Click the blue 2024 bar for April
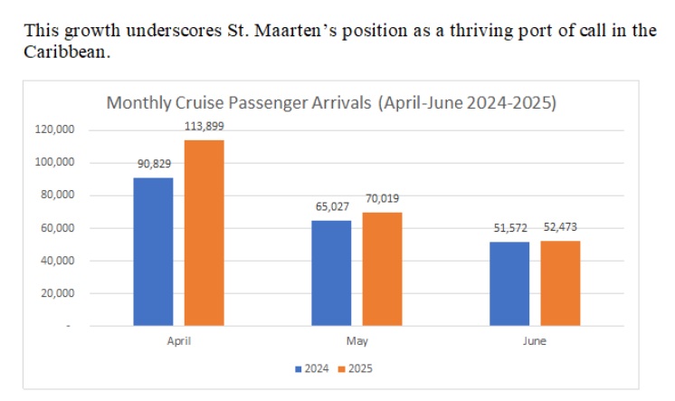pyautogui.click(x=153, y=251)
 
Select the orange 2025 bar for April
pyautogui.click(x=204, y=233)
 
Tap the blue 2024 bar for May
pyautogui.click(x=331, y=272)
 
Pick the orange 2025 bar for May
pyautogui.click(x=382, y=269)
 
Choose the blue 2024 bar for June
pyautogui.click(x=509, y=283)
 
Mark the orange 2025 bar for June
pyautogui.click(x=560, y=282)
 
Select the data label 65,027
pyautogui.click(x=331, y=206)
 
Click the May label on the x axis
pyautogui.click(x=357, y=342)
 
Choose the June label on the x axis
pyautogui.click(x=535, y=342)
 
